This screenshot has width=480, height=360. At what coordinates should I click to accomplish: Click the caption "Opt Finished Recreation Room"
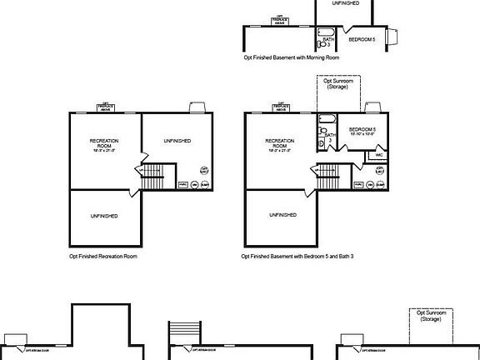[x=103, y=257]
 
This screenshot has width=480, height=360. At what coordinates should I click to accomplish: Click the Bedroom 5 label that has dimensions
[x=362, y=132]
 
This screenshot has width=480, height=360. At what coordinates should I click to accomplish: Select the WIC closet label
[x=378, y=155]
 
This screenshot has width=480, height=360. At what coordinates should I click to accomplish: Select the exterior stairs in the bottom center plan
[x=186, y=332]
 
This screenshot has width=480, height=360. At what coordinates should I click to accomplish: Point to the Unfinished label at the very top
[x=346, y=3]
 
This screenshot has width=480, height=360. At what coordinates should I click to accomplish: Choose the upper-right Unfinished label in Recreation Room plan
[x=178, y=141]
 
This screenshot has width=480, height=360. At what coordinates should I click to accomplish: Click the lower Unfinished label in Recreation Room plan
[x=104, y=216]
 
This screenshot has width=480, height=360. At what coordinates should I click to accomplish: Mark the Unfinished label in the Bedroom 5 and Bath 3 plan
[x=282, y=215]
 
